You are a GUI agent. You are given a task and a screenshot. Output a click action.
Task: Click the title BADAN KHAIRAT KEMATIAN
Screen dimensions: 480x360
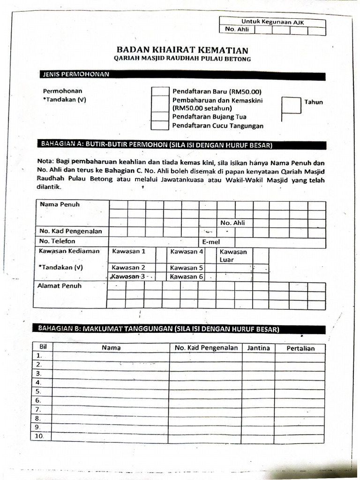[x=182, y=50]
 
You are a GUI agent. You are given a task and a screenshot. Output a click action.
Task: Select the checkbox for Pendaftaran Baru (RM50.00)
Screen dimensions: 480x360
[x=160, y=91]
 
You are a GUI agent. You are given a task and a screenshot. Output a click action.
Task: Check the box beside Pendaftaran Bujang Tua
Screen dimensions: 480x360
[x=160, y=117]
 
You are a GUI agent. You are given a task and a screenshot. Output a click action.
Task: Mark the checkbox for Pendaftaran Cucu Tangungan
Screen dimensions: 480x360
[x=160, y=126]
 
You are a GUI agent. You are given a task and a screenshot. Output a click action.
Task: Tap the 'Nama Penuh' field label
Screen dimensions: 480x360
[x=60, y=204]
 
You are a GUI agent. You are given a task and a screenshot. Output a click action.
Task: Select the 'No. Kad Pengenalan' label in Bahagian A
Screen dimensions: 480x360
[x=71, y=231]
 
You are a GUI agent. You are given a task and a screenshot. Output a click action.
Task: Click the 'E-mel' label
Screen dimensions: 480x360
[x=211, y=242]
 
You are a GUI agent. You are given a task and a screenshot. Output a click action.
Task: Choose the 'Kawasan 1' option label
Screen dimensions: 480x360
[x=129, y=251]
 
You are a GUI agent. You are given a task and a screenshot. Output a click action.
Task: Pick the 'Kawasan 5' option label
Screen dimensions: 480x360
[x=187, y=268]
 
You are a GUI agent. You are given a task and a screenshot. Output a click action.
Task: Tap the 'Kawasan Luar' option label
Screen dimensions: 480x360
[x=233, y=255]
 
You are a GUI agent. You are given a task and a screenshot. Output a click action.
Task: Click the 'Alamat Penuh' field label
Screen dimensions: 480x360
[x=60, y=285]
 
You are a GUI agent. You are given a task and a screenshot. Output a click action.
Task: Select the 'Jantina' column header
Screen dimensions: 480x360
[x=258, y=348]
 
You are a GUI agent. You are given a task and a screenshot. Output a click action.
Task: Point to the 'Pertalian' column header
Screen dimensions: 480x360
[x=300, y=348]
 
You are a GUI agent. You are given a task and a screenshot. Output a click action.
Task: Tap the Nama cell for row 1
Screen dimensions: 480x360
[x=111, y=356]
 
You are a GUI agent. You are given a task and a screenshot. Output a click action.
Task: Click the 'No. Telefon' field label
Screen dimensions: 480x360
[x=58, y=241]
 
